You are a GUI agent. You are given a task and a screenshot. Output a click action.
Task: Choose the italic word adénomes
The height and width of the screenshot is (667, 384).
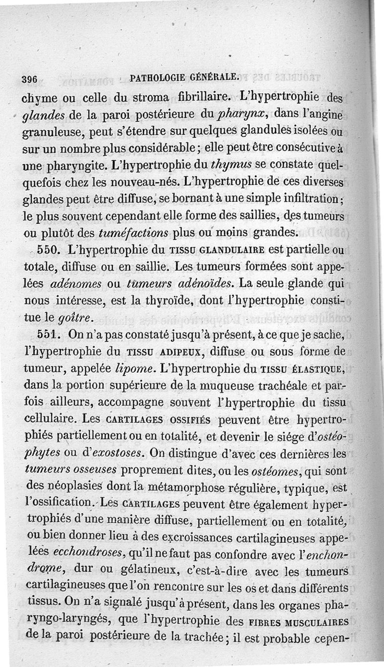75,285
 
